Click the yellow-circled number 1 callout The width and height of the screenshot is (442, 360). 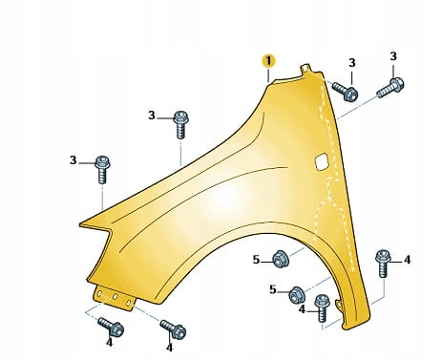268,61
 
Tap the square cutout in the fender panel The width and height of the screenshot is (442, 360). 322,161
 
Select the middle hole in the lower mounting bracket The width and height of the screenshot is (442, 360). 115,297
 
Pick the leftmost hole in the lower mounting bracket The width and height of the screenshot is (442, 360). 100,293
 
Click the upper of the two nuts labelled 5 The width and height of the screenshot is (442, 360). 281,259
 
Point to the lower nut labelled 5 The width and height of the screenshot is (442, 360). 297,295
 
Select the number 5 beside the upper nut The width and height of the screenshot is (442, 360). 256,260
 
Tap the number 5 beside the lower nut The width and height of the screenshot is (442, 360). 273,289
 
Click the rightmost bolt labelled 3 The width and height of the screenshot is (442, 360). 390,87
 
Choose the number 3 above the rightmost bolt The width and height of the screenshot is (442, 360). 393,56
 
